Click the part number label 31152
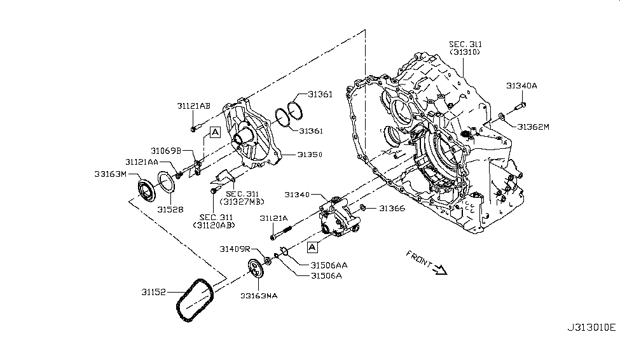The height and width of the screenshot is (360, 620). tap(153, 292)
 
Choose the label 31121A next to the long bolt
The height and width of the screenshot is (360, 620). tap(273, 218)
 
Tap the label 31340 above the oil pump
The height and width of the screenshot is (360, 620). tap(296, 195)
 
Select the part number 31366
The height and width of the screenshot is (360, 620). tap(392, 208)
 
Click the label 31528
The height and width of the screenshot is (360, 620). tap(168, 209)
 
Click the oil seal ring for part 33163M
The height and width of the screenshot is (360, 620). tap(146, 190)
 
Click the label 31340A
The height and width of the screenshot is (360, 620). tap(521, 85)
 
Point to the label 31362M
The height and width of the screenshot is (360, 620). tap(533, 127)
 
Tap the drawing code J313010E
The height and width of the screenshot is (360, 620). tap(591, 328)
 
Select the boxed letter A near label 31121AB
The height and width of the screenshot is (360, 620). tap(215, 132)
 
